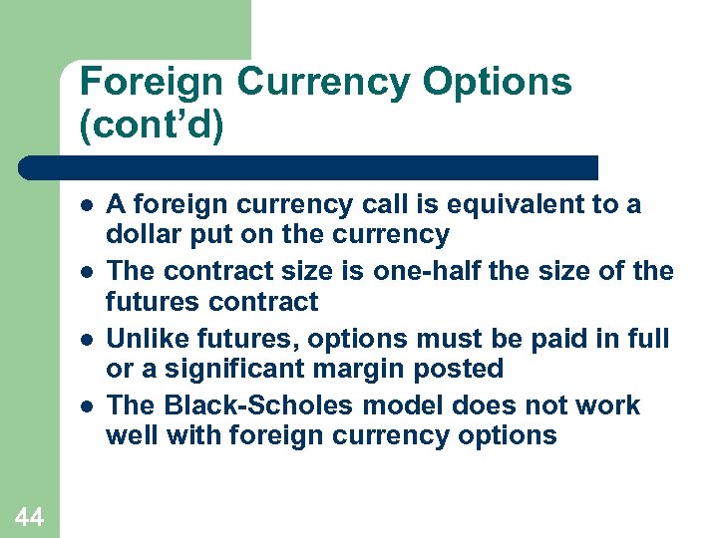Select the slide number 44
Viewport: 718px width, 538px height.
(x=29, y=515)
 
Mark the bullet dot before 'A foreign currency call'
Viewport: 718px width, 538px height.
(x=88, y=205)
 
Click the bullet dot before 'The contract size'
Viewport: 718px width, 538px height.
(x=88, y=272)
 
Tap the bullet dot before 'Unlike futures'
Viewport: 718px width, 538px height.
(x=88, y=340)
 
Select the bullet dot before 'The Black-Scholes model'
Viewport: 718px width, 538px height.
(x=88, y=406)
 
